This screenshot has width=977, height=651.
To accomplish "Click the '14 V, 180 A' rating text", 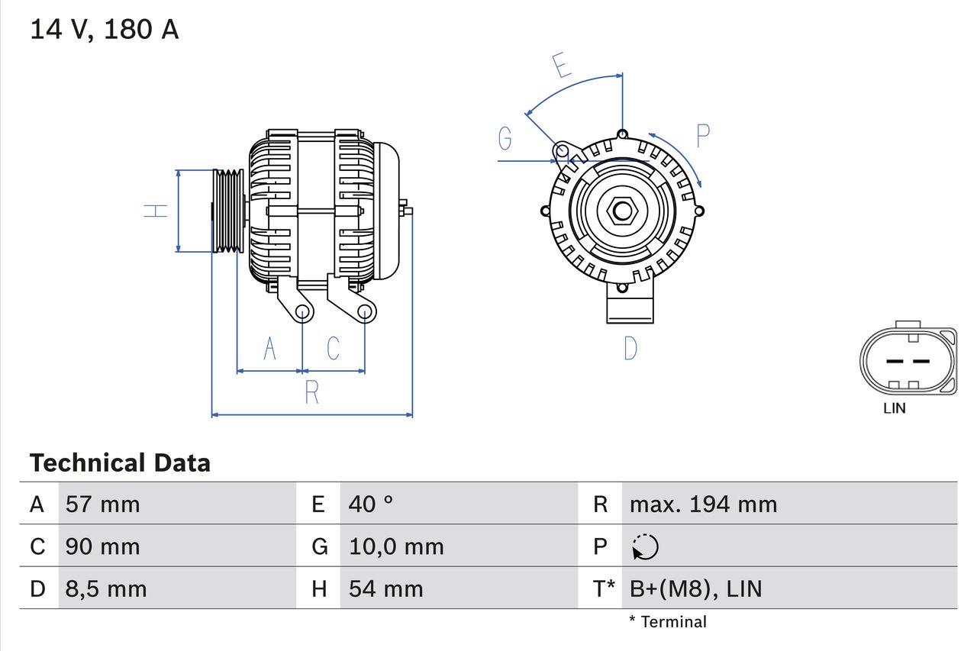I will point(105,30).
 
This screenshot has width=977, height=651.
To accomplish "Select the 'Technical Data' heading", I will point(120,462).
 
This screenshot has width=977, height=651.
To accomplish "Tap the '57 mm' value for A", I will point(103,504).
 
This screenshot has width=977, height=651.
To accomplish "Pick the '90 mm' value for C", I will point(103,546).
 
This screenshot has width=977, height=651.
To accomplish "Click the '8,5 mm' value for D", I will point(106,588).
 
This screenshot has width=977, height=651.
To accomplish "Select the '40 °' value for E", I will point(371,504).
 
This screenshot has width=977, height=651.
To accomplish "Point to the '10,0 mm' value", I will point(396,546).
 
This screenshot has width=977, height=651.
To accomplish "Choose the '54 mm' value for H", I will point(385,588).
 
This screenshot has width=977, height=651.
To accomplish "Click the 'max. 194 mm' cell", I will point(703,504).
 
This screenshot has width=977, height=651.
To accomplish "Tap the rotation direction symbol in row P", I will point(645,546).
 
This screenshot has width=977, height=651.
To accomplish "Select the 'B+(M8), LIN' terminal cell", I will point(695,588).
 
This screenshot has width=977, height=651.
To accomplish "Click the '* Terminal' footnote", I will point(668,622).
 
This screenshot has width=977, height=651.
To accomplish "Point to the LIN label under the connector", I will point(895,408).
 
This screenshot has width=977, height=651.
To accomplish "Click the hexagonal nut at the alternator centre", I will point(622,211).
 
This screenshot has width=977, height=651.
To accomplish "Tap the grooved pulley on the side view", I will point(228,211).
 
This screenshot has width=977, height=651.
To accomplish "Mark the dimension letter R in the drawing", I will point(311,392).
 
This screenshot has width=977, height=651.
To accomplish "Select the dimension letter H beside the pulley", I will point(156,211).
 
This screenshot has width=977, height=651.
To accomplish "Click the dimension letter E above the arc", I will point(562,66).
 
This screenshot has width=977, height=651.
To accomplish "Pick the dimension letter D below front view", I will point(630,348).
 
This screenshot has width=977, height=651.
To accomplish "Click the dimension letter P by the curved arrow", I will point(703,136).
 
